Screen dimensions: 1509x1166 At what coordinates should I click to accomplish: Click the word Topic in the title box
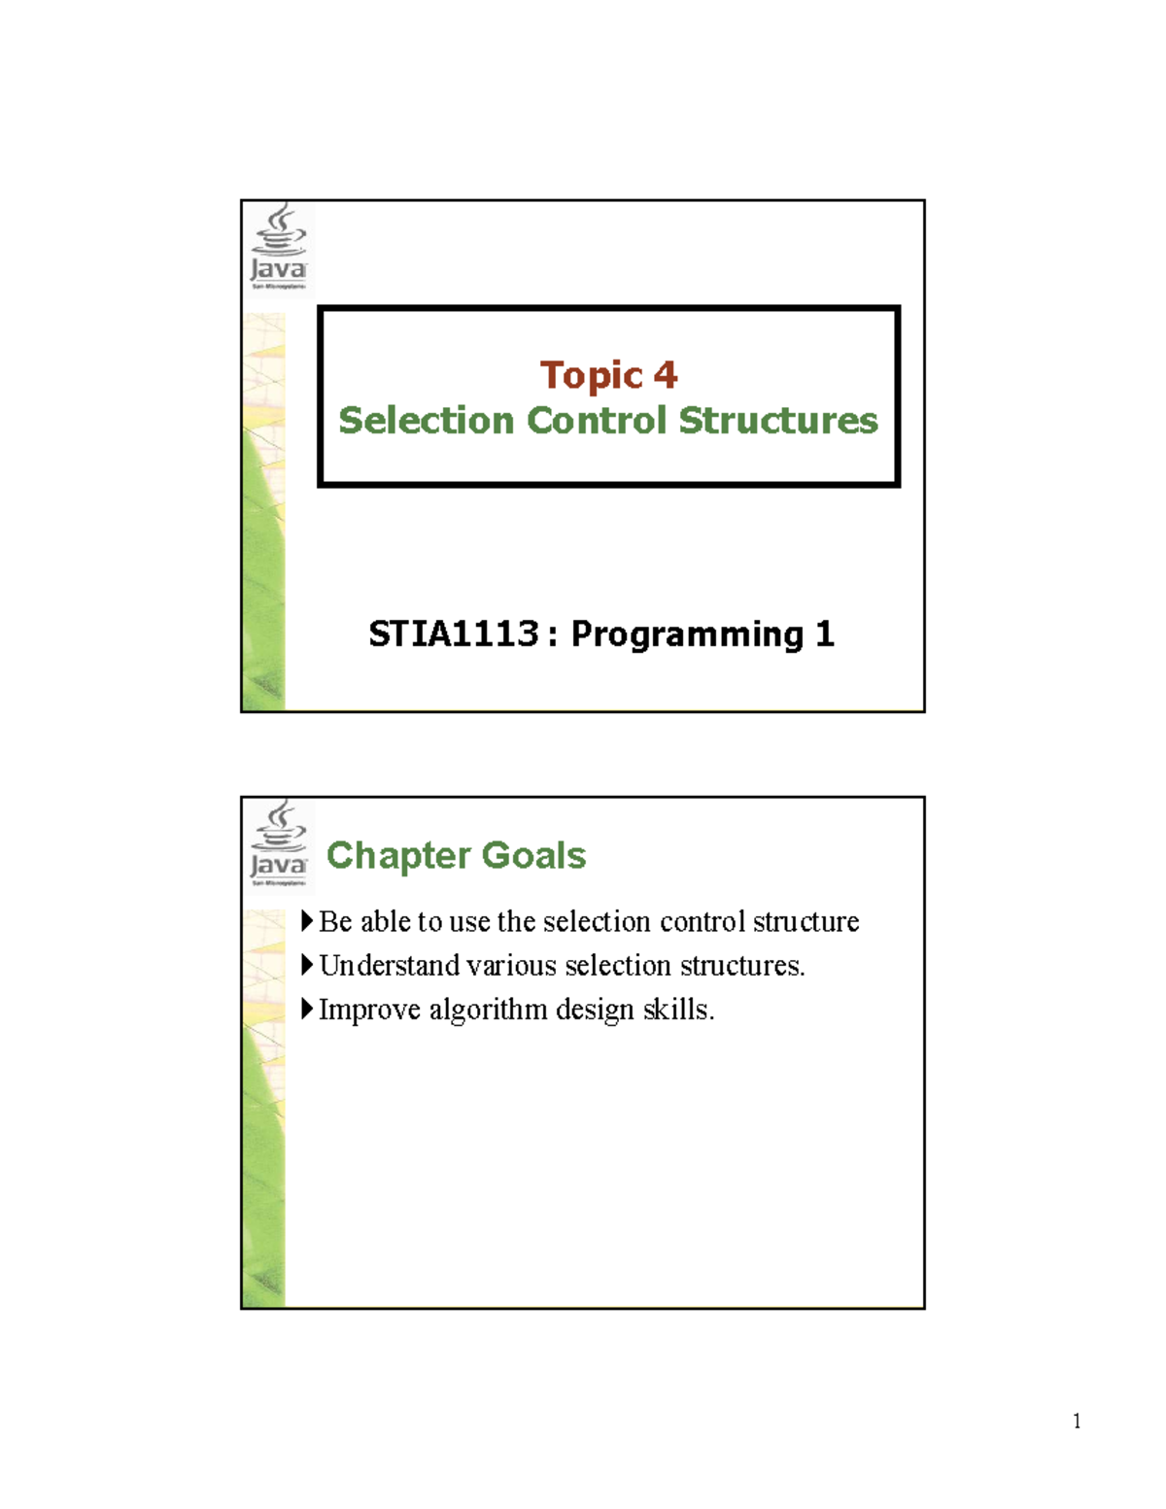pyautogui.click(x=591, y=376)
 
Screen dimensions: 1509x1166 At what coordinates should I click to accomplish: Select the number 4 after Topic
pyautogui.click(x=666, y=375)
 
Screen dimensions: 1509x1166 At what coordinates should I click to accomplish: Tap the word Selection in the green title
pyautogui.click(x=427, y=421)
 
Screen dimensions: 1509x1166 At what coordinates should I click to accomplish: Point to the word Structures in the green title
pyautogui.click(x=778, y=421)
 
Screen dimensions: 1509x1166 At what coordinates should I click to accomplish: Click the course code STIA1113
pyautogui.click(x=453, y=634)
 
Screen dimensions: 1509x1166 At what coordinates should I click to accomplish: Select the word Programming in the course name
pyautogui.click(x=687, y=634)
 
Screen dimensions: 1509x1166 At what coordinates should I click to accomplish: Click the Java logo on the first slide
pyautogui.click(x=279, y=247)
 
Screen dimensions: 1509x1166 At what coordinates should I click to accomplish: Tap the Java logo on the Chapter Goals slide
pyautogui.click(x=279, y=842)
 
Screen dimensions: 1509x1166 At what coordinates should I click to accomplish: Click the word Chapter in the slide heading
pyautogui.click(x=398, y=855)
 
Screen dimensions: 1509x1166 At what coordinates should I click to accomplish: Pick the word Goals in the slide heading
pyautogui.click(x=533, y=855)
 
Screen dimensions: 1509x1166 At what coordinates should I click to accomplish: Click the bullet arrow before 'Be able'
pyautogui.click(x=307, y=920)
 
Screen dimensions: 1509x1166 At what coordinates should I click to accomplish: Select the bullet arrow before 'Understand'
pyautogui.click(x=307, y=965)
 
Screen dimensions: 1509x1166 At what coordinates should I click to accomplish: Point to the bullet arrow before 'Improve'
pyautogui.click(x=307, y=1009)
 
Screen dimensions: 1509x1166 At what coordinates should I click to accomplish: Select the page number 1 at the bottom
pyautogui.click(x=1077, y=1422)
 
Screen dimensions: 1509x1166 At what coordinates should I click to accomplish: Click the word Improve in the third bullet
pyautogui.click(x=369, y=1011)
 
